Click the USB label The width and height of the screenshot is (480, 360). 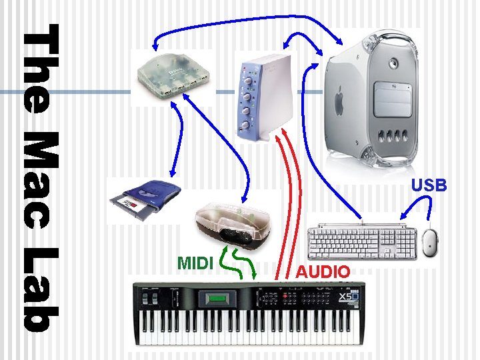429,186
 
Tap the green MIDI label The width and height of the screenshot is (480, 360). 195,262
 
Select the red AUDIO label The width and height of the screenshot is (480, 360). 323,271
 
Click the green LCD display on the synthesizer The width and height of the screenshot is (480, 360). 217,299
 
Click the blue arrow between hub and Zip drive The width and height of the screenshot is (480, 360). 175,143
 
